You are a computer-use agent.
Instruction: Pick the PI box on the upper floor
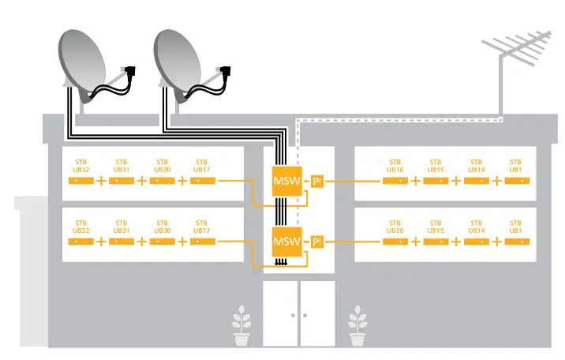tap(318, 181)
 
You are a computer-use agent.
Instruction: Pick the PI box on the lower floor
tap(318, 241)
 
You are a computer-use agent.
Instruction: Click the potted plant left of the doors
tap(241, 328)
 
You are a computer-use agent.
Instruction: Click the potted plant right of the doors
tap(357, 328)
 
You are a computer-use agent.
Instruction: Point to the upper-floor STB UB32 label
tap(80, 166)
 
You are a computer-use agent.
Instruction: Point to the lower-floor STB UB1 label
tap(516, 227)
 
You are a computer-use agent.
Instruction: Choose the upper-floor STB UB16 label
tap(395, 166)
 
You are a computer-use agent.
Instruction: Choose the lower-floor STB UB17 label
tap(202, 227)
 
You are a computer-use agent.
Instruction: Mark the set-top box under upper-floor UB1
tap(516, 181)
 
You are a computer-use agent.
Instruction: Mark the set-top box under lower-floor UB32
tap(80, 241)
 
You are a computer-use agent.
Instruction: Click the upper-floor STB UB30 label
tap(162, 166)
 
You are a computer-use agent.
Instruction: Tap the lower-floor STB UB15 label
tap(436, 227)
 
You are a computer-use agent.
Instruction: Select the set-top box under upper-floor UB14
tap(476, 181)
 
